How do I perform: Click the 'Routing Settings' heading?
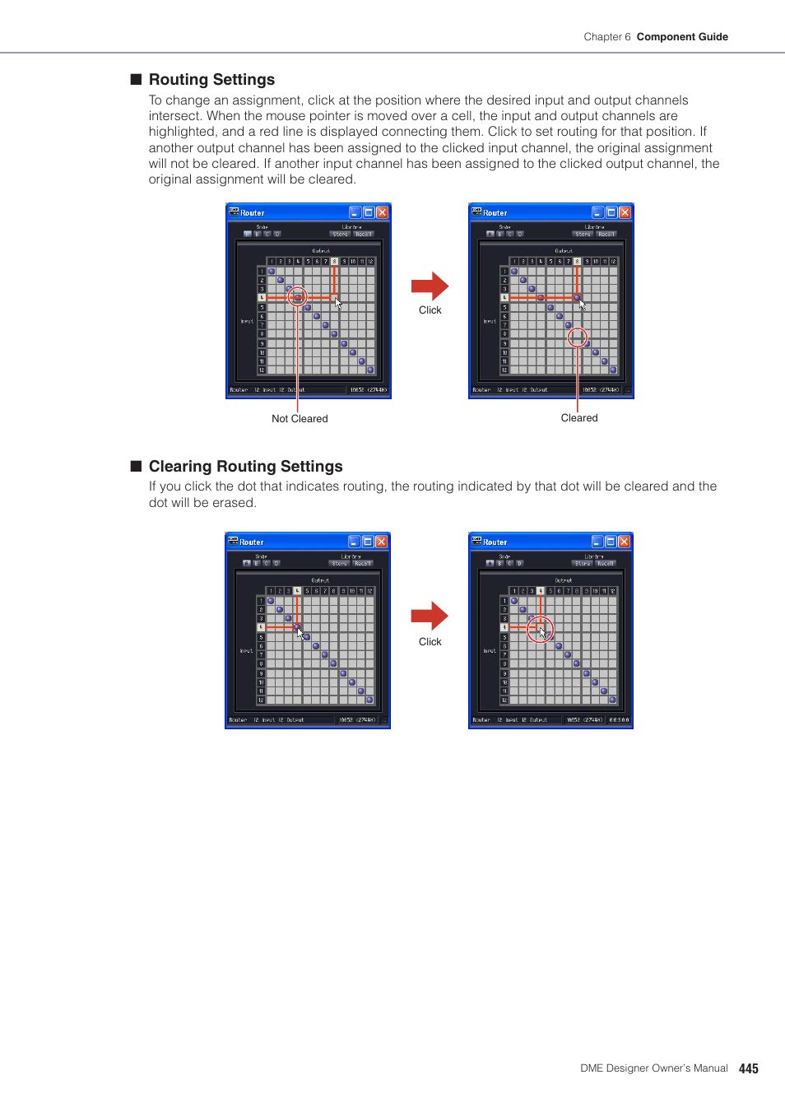coord(211,80)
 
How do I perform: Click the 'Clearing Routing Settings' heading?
coord(245,467)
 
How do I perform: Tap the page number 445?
coord(748,1068)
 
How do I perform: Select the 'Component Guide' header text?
coord(682,37)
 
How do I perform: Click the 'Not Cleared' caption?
coord(300,419)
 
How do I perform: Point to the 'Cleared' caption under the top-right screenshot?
coord(579,418)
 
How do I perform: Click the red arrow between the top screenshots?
coord(430,286)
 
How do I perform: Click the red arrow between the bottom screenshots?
coord(430,616)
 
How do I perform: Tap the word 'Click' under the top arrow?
coord(430,310)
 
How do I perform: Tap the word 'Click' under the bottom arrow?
coord(430,642)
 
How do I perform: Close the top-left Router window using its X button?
coord(382,212)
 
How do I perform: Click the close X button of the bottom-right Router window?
coord(624,542)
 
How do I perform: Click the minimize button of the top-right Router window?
coord(598,212)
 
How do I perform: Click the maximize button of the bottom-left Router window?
coord(368,542)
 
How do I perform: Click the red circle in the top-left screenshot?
coord(297,296)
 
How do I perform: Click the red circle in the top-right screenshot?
coord(578,337)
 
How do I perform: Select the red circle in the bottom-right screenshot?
coord(540,630)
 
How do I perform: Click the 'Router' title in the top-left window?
coord(253,213)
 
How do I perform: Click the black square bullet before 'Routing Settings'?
coord(137,80)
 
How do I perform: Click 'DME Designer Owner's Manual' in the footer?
coord(653,1068)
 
